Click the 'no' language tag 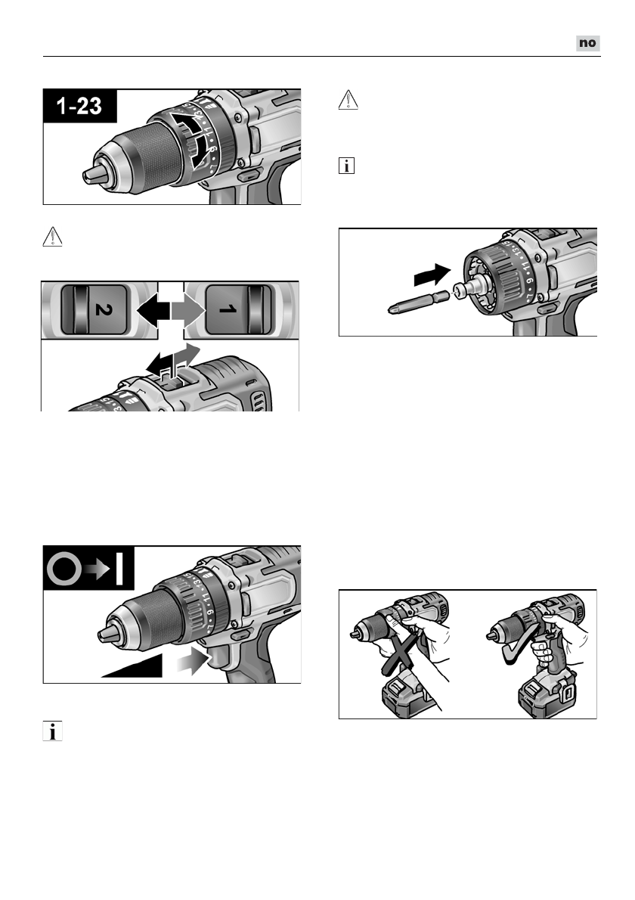tap(587, 44)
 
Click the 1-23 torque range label tap(80, 106)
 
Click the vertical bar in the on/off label tap(119, 569)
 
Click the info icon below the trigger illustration tap(52, 731)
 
